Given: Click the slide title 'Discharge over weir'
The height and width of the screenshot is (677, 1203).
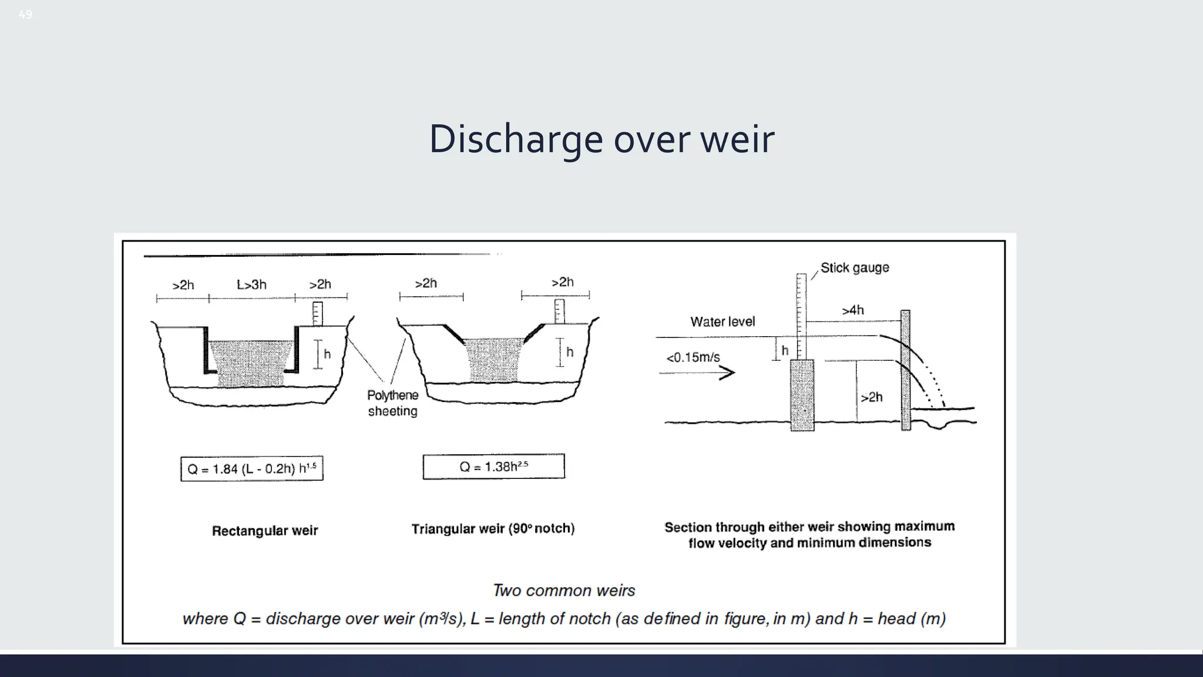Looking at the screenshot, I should point(601,139).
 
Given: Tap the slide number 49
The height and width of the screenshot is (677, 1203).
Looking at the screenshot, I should point(25,15).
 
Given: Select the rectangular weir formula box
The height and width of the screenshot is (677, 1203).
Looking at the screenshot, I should point(251,468).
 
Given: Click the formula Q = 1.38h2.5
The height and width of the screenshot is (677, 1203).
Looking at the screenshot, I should point(493,467).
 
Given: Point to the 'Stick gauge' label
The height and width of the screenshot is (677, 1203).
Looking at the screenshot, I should point(854,268).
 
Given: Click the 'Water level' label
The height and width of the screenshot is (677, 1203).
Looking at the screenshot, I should point(722,322).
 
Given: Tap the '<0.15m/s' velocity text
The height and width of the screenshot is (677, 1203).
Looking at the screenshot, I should point(693,357).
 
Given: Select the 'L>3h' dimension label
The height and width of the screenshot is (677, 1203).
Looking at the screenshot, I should point(251,285).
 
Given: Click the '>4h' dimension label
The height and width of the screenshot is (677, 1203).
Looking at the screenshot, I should point(852,310).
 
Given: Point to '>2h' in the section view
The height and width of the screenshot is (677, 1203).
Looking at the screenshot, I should point(871,397).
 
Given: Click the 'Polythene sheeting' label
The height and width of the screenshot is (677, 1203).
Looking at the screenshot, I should point(392,403).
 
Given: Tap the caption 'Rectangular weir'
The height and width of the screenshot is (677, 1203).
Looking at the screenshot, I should point(264,531).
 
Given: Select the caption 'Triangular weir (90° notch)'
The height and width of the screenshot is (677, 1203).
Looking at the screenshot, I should point(493,529).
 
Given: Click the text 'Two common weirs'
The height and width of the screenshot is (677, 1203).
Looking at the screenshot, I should point(564,590).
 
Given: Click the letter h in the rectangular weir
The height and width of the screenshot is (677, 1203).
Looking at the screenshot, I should point(327,354).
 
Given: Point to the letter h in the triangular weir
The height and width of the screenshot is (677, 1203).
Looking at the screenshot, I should point(569,352).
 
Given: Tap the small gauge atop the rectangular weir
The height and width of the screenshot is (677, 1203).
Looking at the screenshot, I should point(317,313).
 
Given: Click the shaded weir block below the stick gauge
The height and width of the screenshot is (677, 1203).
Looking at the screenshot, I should point(802,395).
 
